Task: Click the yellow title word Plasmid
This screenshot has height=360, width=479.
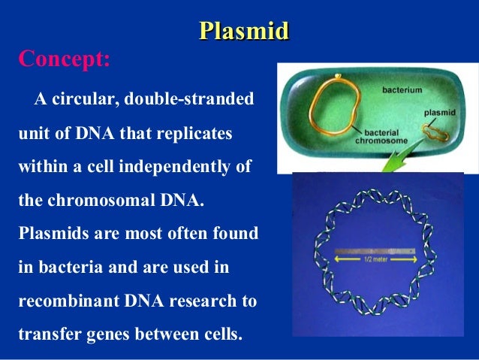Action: click(244, 32)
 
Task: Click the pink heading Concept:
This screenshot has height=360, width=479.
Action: click(64, 59)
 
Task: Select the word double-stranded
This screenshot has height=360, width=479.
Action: click(189, 98)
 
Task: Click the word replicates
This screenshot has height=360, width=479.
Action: click(194, 134)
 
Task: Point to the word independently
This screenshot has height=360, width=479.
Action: click(174, 167)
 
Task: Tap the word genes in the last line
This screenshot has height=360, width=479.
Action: click(108, 334)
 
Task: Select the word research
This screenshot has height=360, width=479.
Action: click(203, 301)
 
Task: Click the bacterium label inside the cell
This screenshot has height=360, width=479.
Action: click(402, 90)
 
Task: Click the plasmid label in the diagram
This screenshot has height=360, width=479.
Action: click(440, 113)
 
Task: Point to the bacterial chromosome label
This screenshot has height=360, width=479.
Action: click(381, 137)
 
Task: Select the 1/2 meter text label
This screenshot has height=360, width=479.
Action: click(375, 259)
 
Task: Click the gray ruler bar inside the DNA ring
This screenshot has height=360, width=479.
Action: click(375, 252)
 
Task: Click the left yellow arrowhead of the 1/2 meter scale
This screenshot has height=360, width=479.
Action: click(338, 259)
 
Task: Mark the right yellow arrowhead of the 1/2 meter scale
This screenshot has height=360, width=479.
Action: click(414, 259)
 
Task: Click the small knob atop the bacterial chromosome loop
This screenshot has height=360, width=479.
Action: click(338, 76)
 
